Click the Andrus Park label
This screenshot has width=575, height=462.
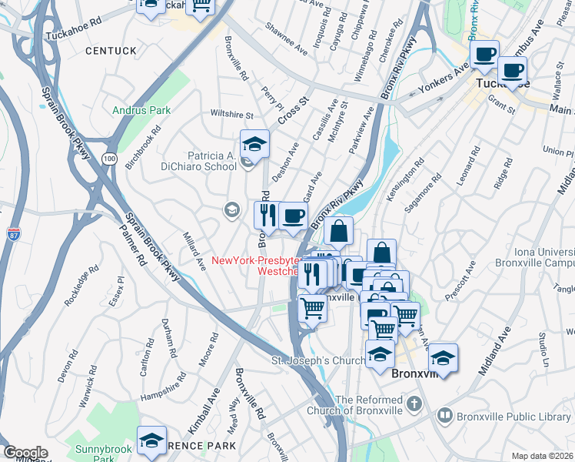point(141,110)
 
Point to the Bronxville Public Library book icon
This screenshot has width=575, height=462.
point(444,417)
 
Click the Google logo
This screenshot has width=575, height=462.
point(25,453)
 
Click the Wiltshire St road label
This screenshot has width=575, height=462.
point(232,115)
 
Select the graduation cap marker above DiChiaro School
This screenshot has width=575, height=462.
point(254,144)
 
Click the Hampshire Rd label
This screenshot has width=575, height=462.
point(164,387)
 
